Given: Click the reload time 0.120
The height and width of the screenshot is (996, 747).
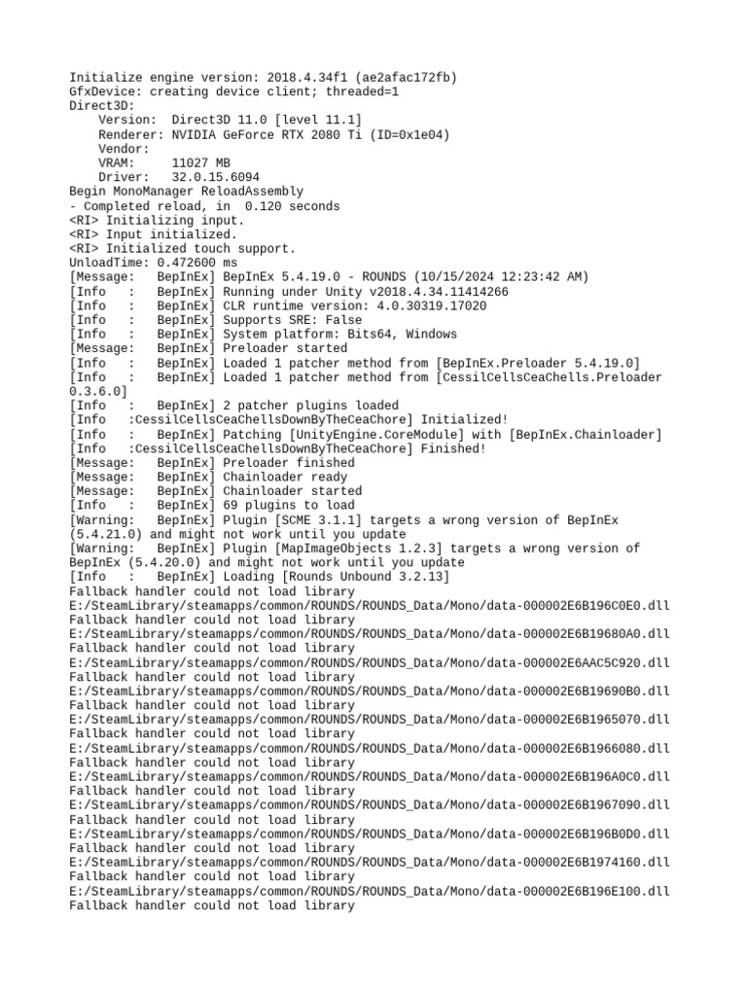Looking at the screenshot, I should (x=264, y=206).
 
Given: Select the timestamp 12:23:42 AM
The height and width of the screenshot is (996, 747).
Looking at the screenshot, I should (x=549, y=277).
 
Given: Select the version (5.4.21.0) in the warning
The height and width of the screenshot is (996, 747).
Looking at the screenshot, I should (x=106, y=534).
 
